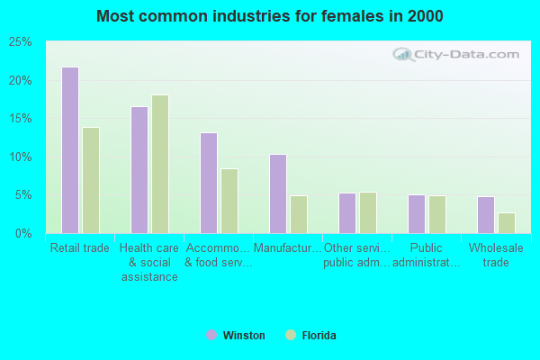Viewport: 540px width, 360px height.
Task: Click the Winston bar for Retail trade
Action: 69,150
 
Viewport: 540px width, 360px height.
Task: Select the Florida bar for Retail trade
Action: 91,180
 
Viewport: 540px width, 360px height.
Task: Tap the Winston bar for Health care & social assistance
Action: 139,170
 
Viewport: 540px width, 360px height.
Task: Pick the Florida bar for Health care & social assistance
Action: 160,164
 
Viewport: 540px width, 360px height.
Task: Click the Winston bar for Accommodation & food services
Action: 208,183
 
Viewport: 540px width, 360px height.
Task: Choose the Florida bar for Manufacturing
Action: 299,214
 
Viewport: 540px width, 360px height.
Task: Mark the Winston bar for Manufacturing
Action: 277,193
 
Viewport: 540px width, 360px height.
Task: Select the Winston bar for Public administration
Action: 416,214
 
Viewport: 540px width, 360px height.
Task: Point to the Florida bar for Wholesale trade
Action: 507,223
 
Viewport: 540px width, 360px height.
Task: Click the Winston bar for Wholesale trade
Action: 485,215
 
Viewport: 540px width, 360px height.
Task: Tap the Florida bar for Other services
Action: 368,212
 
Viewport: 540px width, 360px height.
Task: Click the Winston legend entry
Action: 236,336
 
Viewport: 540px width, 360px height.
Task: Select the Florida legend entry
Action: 310,336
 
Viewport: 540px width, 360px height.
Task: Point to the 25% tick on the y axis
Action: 20,42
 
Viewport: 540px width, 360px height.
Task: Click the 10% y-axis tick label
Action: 20,157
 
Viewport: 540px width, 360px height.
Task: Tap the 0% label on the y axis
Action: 23,233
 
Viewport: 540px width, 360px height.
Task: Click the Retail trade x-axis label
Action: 80,248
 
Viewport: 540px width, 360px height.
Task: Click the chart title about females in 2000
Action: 270,16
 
